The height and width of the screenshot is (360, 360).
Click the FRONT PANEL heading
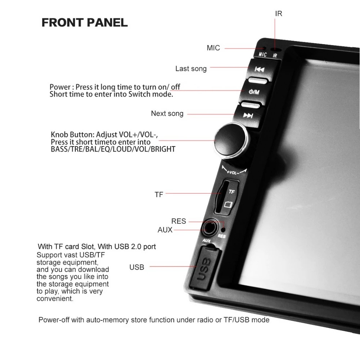[x=85, y=22]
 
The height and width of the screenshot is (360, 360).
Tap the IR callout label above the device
[x=279, y=14]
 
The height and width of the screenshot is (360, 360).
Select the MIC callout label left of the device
[x=213, y=48]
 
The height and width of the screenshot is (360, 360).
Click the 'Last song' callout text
[x=191, y=69]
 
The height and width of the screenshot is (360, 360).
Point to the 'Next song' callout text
[x=167, y=113]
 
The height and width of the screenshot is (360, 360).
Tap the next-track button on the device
[x=248, y=115]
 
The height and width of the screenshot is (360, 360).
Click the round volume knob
[x=231, y=140]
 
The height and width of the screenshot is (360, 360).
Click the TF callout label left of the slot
[x=159, y=195]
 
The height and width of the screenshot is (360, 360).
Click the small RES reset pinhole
[x=223, y=229]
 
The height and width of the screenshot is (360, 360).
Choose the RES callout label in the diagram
[x=179, y=221]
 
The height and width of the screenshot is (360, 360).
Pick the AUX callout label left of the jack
[x=165, y=230]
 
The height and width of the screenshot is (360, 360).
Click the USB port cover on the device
[x=204, y=267]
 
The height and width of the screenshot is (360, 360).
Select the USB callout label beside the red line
[x=136, y=267]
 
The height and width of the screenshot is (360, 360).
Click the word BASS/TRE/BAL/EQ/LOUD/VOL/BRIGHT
[x=113, y=149]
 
